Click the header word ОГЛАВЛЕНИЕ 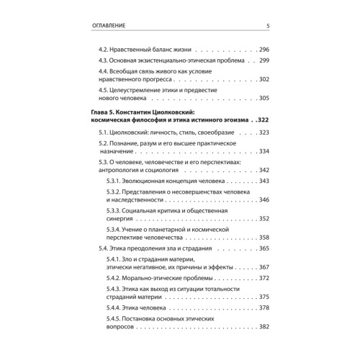(x=109, y=27)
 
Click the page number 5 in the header (x=267, y=27)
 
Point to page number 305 (x=262, y=99)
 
